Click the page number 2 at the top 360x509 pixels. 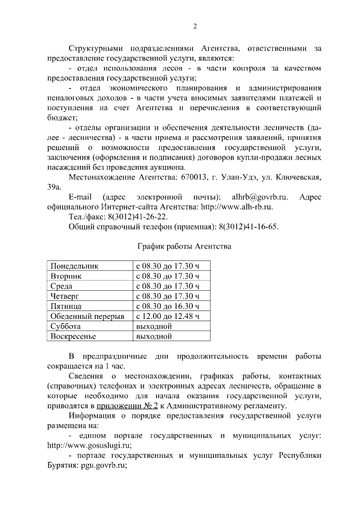(195, 26)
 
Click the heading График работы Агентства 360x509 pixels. (184, 246)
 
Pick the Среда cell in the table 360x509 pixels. (61, 286)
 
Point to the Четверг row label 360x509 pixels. (65, 296)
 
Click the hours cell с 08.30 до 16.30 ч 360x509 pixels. (168, 307)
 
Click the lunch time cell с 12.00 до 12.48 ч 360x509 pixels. (168, 317)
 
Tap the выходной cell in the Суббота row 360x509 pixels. (154, 327)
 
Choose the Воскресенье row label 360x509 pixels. (74, 337)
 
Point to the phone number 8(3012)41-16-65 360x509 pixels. (248, 227)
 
